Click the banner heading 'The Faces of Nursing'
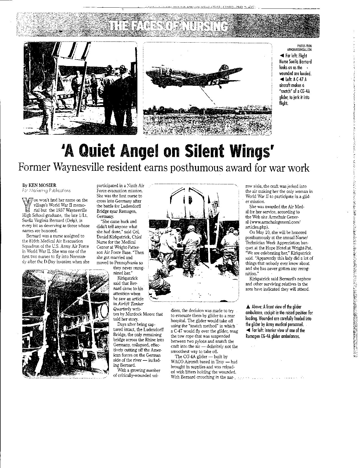pos(168,26)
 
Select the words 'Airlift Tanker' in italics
pos(128,304)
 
